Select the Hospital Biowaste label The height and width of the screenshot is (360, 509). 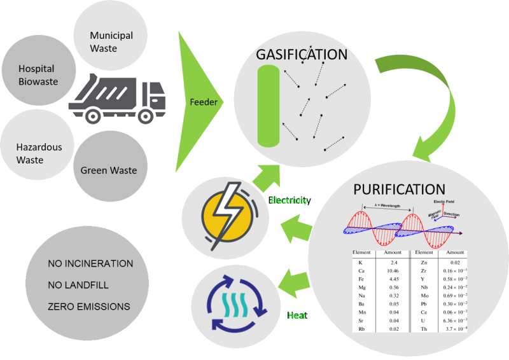pos(36,75)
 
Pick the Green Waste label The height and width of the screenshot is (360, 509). pos(109,170)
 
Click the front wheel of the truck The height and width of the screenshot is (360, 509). pos(146,115)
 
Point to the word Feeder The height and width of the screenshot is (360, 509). pos(204,102)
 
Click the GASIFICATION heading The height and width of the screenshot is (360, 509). pos(302,55)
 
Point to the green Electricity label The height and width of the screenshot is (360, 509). pos(290,200)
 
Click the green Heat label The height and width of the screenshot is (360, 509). pos(297,315)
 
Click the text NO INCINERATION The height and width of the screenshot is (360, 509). pos(90,263)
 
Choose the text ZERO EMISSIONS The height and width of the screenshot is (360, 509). pos(88,307)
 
